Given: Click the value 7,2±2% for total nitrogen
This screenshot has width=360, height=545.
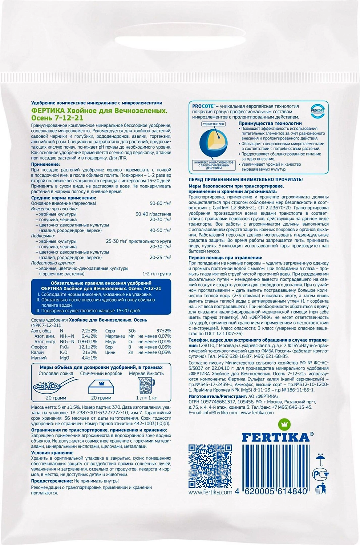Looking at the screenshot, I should (89, 331).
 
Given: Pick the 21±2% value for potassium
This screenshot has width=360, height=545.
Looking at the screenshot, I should (90, 352).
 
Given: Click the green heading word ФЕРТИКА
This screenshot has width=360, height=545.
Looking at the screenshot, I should (46, 111).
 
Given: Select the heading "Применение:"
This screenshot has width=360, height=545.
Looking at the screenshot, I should (45, 165).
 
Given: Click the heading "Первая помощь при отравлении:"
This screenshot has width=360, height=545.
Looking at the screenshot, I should (225, 258).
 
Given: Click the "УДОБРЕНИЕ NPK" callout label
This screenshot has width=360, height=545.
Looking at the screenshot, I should (214, 124).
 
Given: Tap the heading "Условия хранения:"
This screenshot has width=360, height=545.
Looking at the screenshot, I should (52, 453).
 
